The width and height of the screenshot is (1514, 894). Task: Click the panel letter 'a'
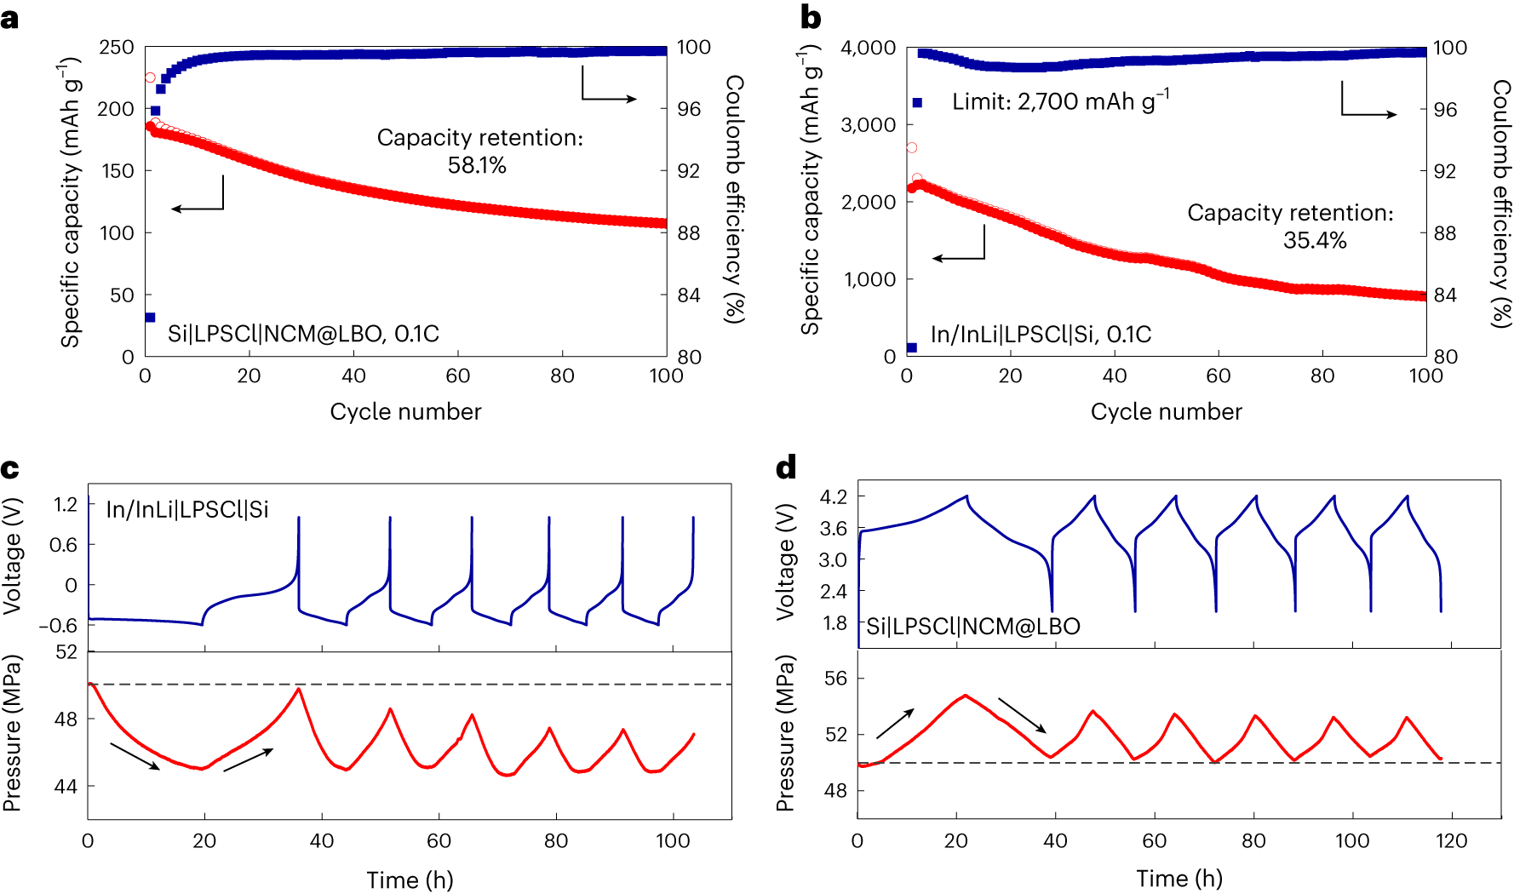point(9,19)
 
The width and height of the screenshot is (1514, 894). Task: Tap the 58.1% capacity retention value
point(477,165)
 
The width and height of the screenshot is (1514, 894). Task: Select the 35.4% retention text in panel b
point(1314,241)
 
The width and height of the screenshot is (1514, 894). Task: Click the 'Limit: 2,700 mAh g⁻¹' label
point(1060,101)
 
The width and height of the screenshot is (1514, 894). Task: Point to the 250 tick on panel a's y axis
point(117,48)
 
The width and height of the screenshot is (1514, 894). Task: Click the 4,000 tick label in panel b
point(868,48)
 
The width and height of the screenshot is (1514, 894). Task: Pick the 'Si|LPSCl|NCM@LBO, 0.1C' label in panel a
point(303,334)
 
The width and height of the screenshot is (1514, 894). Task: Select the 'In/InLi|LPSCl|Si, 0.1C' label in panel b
point(1041,335)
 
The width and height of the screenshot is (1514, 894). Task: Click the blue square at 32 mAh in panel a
point(150,318)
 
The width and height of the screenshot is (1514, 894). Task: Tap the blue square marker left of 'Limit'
point(917,102)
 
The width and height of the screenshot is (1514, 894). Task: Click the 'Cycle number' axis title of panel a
point(405,412)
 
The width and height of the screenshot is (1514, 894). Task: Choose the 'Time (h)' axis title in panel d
point(1179,879)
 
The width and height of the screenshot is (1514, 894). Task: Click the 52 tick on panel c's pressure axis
point(66,652)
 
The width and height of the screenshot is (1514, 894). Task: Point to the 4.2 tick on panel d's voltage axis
point(833,496)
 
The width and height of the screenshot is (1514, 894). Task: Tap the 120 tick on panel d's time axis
point(1451,841)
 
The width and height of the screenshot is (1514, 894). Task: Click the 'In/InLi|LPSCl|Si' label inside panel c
point(187,510)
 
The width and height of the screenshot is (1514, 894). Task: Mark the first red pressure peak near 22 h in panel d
point(965,695)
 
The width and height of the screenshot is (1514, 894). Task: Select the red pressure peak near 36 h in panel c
point(298,688)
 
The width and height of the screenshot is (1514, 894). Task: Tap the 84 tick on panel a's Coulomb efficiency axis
point(689,295)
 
